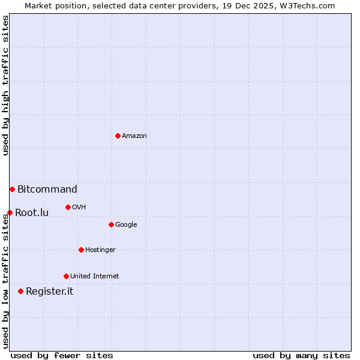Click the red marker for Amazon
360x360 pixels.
(118, 136)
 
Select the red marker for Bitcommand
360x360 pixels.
(12, 189)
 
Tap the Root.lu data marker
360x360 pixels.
(10, 212)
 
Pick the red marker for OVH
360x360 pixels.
(68, 207)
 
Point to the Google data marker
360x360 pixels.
(111, 224)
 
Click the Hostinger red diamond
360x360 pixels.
(81, 250)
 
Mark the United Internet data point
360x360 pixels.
(66, 276)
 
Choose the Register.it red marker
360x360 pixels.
(20, 291)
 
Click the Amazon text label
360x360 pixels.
(134, 136)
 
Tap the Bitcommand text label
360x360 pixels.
(47, 190)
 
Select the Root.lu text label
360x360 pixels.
(32, 212)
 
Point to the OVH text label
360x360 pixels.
(79, 208)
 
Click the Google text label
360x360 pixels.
(126, 225)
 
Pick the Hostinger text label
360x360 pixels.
(100, 250)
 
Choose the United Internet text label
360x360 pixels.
(95, 277)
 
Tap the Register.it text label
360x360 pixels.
(49, 292)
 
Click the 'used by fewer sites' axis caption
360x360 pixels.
(62, 355)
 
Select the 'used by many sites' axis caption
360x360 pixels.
(301, 355)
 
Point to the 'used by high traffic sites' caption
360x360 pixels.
(5, 85)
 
